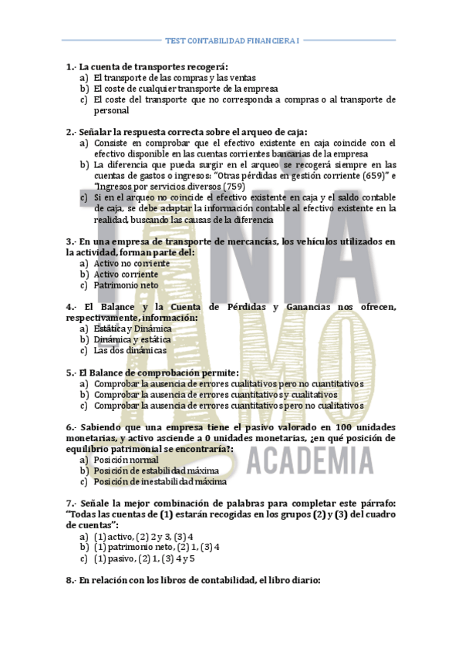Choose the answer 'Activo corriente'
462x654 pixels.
[x=126, y=274]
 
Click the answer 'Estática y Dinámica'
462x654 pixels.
[x=133, y=329]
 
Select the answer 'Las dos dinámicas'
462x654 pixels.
[x=129, y=350]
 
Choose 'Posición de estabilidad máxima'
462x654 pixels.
[x=156, y=470]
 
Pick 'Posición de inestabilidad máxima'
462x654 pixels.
[x=160, y=481]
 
